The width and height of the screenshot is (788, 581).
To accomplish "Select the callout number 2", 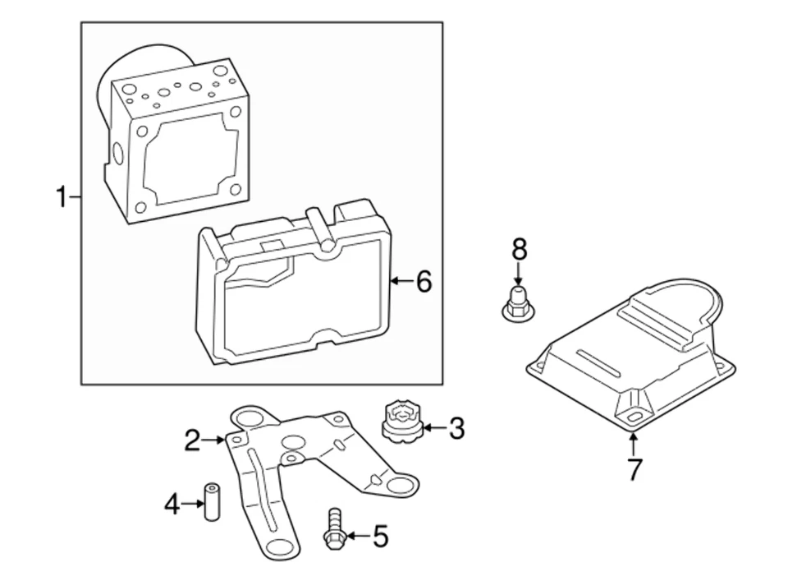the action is point(192,440).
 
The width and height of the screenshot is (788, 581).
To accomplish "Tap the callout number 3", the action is point(456,429).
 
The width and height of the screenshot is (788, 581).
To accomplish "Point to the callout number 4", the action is point(172,504).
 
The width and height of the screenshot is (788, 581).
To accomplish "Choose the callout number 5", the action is point(380,537).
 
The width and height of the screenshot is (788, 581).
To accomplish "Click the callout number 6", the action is point(424,281).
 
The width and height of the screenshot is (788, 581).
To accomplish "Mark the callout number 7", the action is point(635,468).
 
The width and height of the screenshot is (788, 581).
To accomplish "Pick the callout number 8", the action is point(519,249).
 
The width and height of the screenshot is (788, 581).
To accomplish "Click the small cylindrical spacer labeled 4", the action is point(212,502).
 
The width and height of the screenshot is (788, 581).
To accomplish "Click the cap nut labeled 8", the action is point(518,304).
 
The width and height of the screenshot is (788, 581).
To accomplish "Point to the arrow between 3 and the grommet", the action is point(435,429).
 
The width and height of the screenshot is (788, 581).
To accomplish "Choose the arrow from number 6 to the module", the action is point(402,281).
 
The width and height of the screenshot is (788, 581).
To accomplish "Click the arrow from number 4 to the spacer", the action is point(192,503).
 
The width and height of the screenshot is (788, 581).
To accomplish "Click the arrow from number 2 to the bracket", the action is point(213,440).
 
